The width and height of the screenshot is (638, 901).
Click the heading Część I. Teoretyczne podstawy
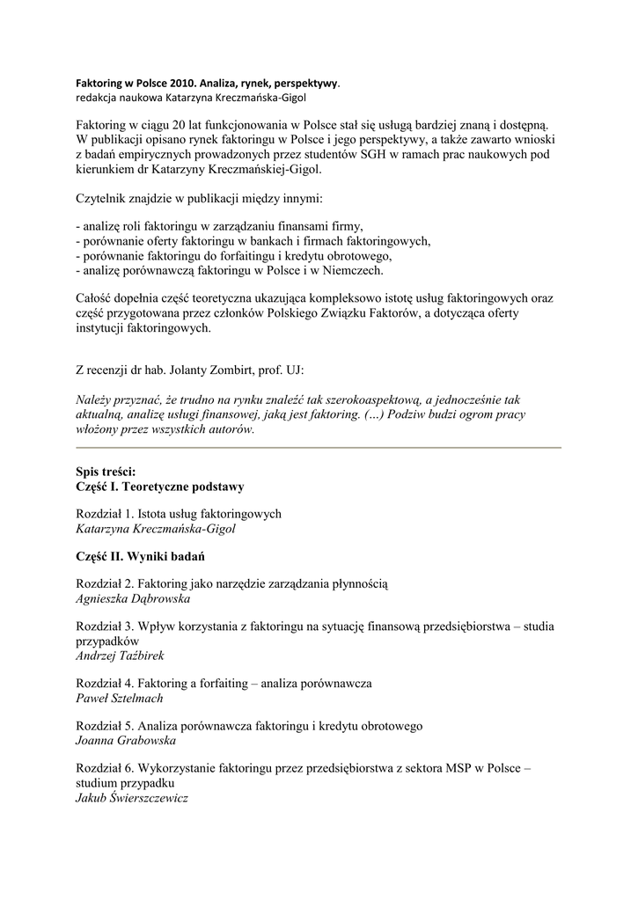(x=160, y=486)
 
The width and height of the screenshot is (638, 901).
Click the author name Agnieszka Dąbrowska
(x=133, y=598)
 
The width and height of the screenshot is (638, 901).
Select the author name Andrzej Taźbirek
(x=121, y=656)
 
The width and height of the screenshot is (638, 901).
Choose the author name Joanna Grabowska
(x=126, y=741)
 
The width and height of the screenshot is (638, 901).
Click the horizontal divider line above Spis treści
(x=319, y=448)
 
